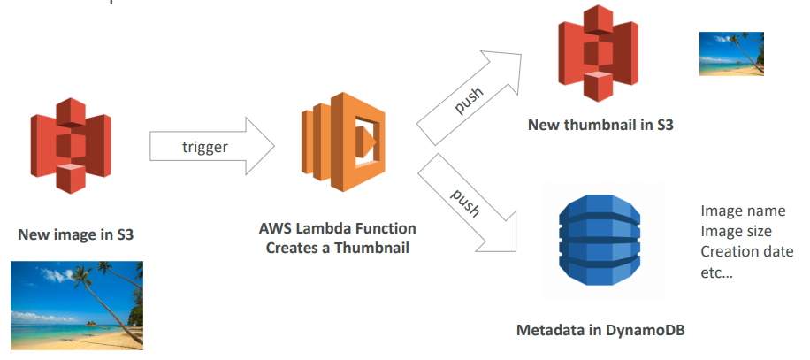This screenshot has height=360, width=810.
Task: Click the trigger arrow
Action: [x=212, y=147]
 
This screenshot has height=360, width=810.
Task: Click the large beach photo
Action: [x=76, y=304]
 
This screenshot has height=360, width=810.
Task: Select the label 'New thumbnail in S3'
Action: [x=600, y=126]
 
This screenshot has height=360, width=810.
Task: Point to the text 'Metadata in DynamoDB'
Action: [x=600, y=331]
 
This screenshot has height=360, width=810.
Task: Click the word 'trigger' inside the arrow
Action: [x=205, y=147]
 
